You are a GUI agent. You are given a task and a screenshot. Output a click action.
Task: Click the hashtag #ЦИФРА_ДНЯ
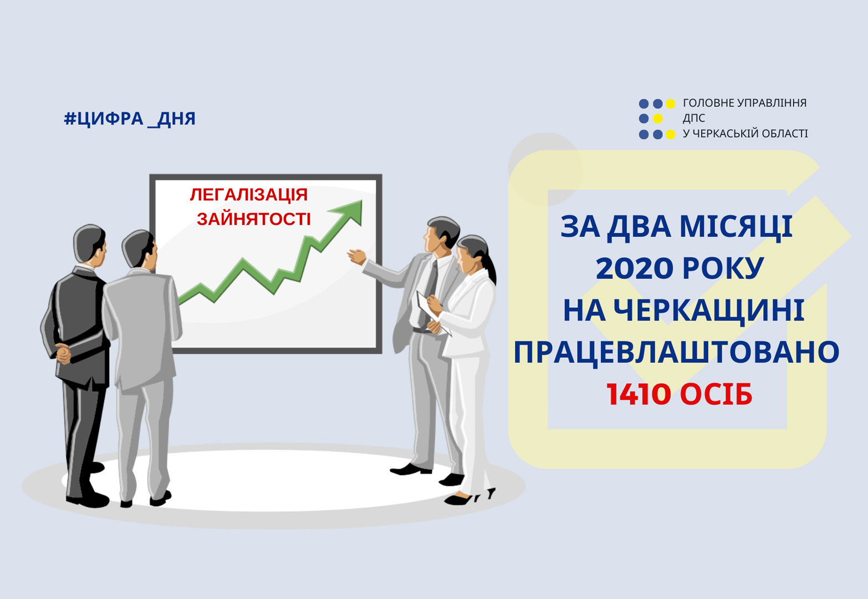tap(130, 119)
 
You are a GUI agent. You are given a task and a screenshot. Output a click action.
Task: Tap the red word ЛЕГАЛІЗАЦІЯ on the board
tap(249, 195)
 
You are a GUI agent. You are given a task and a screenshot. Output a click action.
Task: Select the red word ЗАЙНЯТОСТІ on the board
tap(254, 219)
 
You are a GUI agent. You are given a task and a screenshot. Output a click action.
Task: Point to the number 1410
tap(639, 395)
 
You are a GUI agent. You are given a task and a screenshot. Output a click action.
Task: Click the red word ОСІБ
tap(716, 395)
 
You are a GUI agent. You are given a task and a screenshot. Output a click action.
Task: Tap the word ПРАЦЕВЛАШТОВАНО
tap(677, 352)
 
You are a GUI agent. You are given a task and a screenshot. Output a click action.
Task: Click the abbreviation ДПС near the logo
tap(693, 118)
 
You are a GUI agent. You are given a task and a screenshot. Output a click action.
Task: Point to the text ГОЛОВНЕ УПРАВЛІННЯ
tap(744, 103)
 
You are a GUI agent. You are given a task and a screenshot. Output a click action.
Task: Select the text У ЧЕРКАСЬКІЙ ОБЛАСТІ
tap(745, 134)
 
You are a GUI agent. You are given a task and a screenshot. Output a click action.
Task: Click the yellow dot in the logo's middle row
tap(657, 118)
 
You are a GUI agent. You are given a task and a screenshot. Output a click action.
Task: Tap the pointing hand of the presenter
tap(357, 257)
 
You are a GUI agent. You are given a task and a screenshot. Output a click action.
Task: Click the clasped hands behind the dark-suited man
tap(63, 353)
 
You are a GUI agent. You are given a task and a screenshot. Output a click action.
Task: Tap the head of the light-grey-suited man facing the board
tap(140, 248)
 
